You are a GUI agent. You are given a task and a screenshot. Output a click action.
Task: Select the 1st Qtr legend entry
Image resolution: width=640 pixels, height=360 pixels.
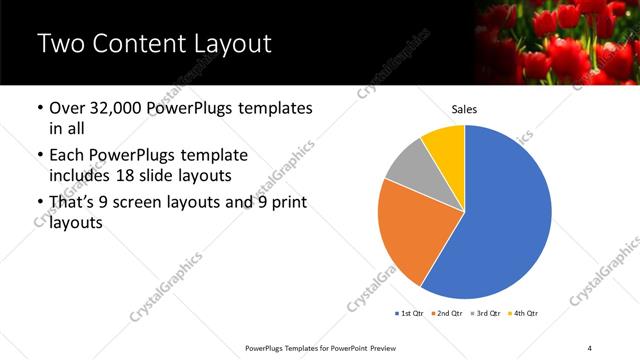point(410,313)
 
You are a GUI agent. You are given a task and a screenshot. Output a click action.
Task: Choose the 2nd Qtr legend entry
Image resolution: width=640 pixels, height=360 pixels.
point(447,313)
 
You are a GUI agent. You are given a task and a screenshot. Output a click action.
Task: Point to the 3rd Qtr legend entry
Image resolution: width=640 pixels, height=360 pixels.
point(485,313)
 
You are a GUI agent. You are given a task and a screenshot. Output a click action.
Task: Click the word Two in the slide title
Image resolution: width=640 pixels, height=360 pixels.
point(61,45)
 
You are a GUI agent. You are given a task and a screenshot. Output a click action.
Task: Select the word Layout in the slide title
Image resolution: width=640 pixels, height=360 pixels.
point(229,45)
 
